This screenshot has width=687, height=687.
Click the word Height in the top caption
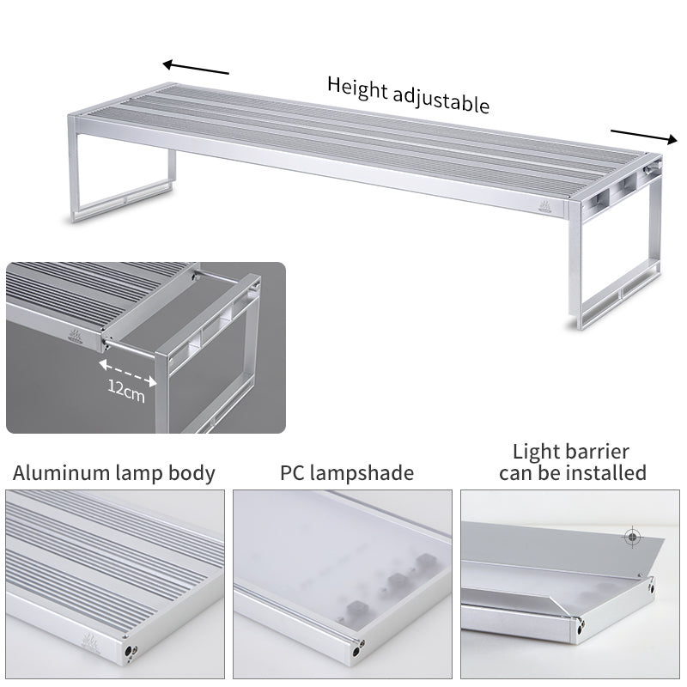pyautogui.click(x=357, y=88)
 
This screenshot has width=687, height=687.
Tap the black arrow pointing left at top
pyautogui.click(x=196, y=67)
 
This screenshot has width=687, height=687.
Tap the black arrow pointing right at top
pyautogui.click(x=644, y=137)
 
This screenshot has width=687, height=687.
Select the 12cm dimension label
pyautogui.click(x=126, y=391)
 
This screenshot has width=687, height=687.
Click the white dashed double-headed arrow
pyautogui.click(x=127, y=373)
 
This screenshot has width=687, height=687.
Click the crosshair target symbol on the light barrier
pyautogui.click(x=632, y=537)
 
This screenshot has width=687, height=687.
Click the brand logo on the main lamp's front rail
pyautogui.click(x=545, y=207)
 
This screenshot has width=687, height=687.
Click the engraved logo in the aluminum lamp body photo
pyautogui.click(x=91, y=642)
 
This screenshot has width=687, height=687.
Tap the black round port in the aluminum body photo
pyautogui.click(x=131, y=651)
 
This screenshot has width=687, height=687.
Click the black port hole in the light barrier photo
pyautogui.click(x=581, y=630)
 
